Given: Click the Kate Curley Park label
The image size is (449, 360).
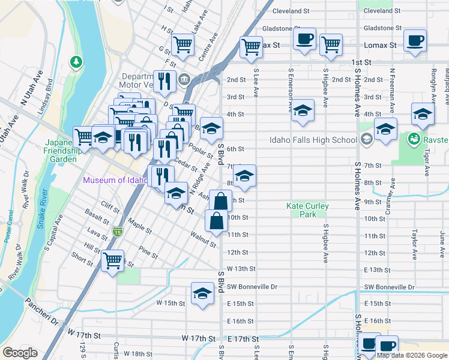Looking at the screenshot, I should click(307, 210).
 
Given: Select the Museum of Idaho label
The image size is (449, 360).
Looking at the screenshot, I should click(115, 180).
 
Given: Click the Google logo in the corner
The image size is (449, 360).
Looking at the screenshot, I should click(19, 353).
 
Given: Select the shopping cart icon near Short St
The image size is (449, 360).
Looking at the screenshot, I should click(112, 260).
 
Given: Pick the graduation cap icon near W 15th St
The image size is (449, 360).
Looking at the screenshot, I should click(202, 293).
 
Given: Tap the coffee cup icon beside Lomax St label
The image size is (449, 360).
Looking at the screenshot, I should click(415, 41).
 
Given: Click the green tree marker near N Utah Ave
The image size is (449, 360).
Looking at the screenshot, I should click(76, 61).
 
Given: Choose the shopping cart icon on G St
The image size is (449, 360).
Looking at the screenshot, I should click(182, 43).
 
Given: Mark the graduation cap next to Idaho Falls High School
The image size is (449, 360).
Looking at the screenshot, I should click(385, 128).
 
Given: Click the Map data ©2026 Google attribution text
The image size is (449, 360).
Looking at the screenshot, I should click(411, 355).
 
